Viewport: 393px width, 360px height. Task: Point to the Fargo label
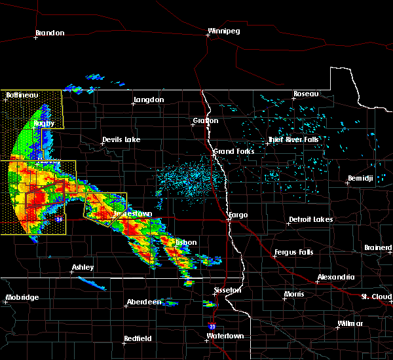click(x=238, y=215)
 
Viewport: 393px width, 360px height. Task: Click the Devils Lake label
click(x=121, y=140)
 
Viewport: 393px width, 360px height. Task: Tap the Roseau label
click(x=305, y=94)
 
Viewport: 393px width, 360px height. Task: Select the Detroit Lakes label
click(x=310, y=220)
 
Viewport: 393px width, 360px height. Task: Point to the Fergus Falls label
click(x=295, y=252)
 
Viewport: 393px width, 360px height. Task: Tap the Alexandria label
click(x=336, y=278)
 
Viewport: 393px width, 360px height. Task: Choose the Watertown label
click(x=225, y=336)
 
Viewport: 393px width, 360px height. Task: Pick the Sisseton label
click(x=228, y=290)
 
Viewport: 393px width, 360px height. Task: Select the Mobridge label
click(x=22, y=298)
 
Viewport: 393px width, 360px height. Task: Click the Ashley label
click(x=83, y=267)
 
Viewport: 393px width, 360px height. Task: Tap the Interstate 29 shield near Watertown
click(x=212, y=325)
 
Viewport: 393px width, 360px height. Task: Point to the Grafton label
click(x=205, y=121)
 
